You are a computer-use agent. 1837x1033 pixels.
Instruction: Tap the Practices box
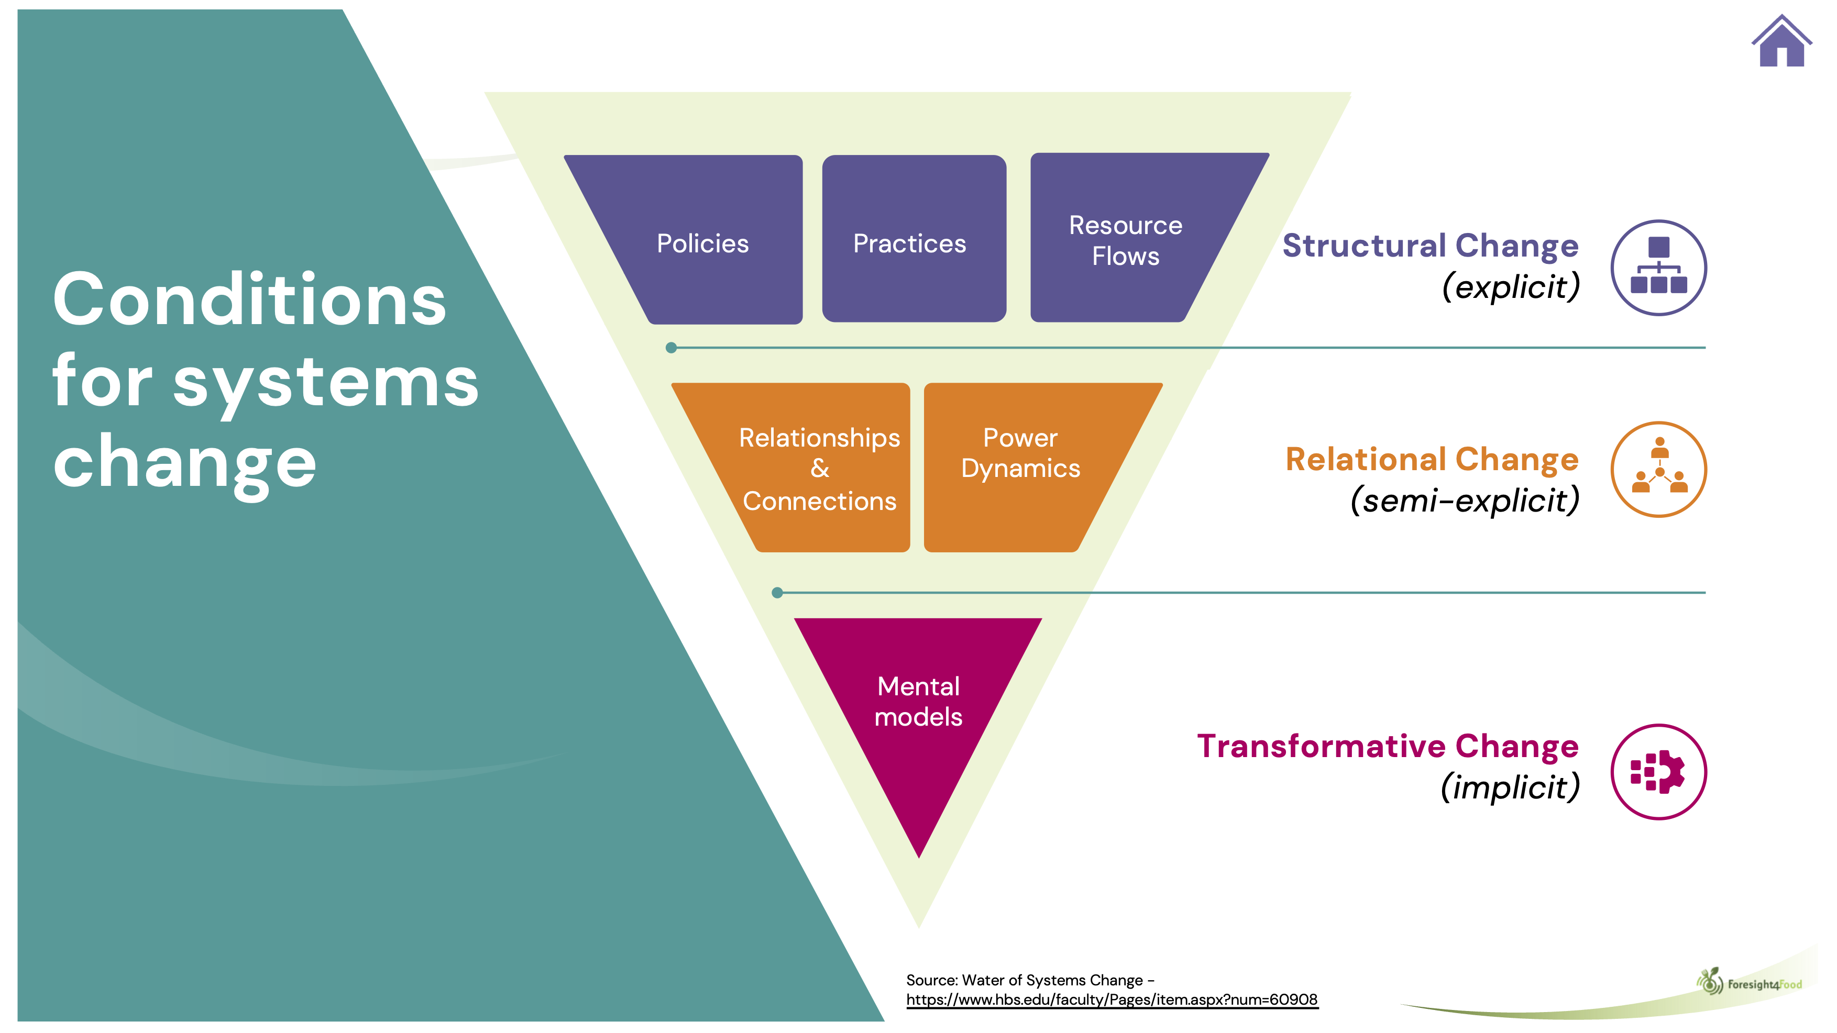(x=914, y=239)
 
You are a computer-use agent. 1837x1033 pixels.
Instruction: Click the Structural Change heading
(x=1430, y=246)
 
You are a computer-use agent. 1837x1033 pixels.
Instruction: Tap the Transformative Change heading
(x=1388, y=747)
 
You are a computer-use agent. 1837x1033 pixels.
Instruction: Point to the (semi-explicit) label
(x=1465, y=501)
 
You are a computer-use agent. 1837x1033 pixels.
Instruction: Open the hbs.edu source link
(x=1112, y=999)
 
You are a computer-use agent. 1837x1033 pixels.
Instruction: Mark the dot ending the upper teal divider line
(x=671, y=348)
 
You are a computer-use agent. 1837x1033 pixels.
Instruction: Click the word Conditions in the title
(x=249, y=299)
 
